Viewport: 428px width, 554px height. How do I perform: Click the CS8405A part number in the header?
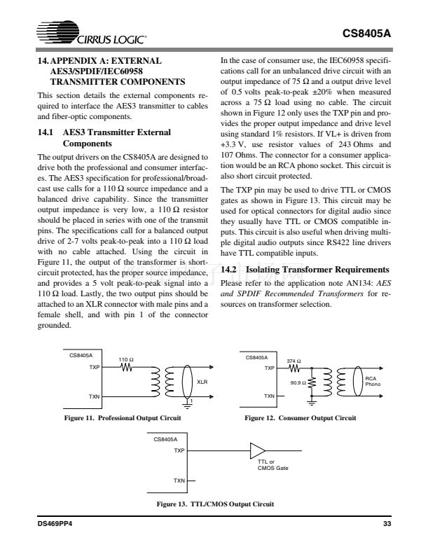366,33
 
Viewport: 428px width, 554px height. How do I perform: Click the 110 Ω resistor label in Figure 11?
126,359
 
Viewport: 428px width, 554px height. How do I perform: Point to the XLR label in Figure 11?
202,382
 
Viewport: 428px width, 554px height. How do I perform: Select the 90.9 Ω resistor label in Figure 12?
298,382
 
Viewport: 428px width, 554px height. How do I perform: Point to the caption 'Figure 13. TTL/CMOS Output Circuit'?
214,504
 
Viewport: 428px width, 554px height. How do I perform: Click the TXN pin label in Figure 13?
179,480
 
